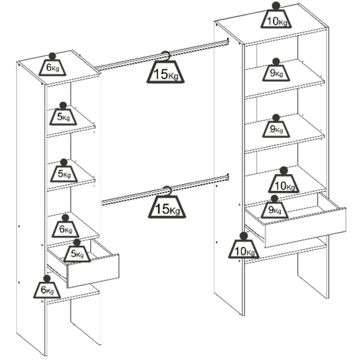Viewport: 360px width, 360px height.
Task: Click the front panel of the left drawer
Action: pyautogui.click(x=93, y=271)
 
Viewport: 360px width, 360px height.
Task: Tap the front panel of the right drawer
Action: pyautogui.click(x=306, y=227)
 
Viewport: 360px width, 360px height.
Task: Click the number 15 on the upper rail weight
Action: pyautogui.click(x=161, y=74)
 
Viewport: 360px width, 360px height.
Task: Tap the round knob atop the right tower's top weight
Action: pyautogui.click(x=276, y=6)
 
